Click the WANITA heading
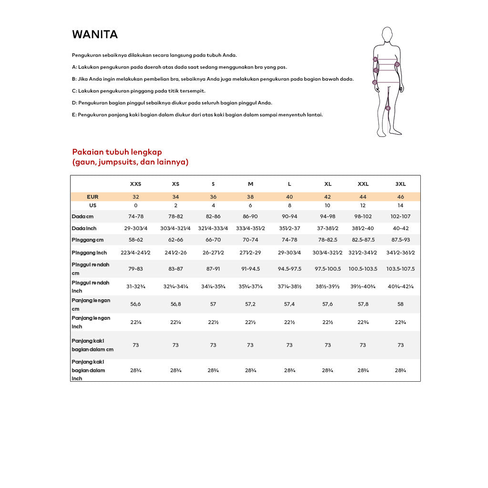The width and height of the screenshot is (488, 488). (95, 35)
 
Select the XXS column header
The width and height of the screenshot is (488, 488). (135, 184)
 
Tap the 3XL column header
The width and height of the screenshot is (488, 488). (400, 184)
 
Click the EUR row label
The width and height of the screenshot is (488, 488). (92, 197)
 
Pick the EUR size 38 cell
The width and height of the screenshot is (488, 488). (250, 197)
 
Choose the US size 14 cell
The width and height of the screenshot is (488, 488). (400, 205)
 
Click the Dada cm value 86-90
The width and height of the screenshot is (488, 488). (250, 216)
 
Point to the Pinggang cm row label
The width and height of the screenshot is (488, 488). (88, 240)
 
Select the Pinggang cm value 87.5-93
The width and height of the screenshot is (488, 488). (400, 240)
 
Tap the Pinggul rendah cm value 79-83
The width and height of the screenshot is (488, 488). (135, 269)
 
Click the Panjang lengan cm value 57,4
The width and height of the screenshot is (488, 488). (289, 304)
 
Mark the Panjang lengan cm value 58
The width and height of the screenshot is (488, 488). (400, 304)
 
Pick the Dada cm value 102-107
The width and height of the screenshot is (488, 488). (400, 216)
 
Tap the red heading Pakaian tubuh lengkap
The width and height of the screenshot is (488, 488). (117, 152)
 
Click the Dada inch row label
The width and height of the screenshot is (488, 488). (84, 228)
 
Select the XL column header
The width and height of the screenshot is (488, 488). (328, 184)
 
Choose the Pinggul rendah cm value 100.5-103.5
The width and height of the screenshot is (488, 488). (363, 269)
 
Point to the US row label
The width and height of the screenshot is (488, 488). (92, 205)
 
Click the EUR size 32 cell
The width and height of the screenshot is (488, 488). (135, 197)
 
